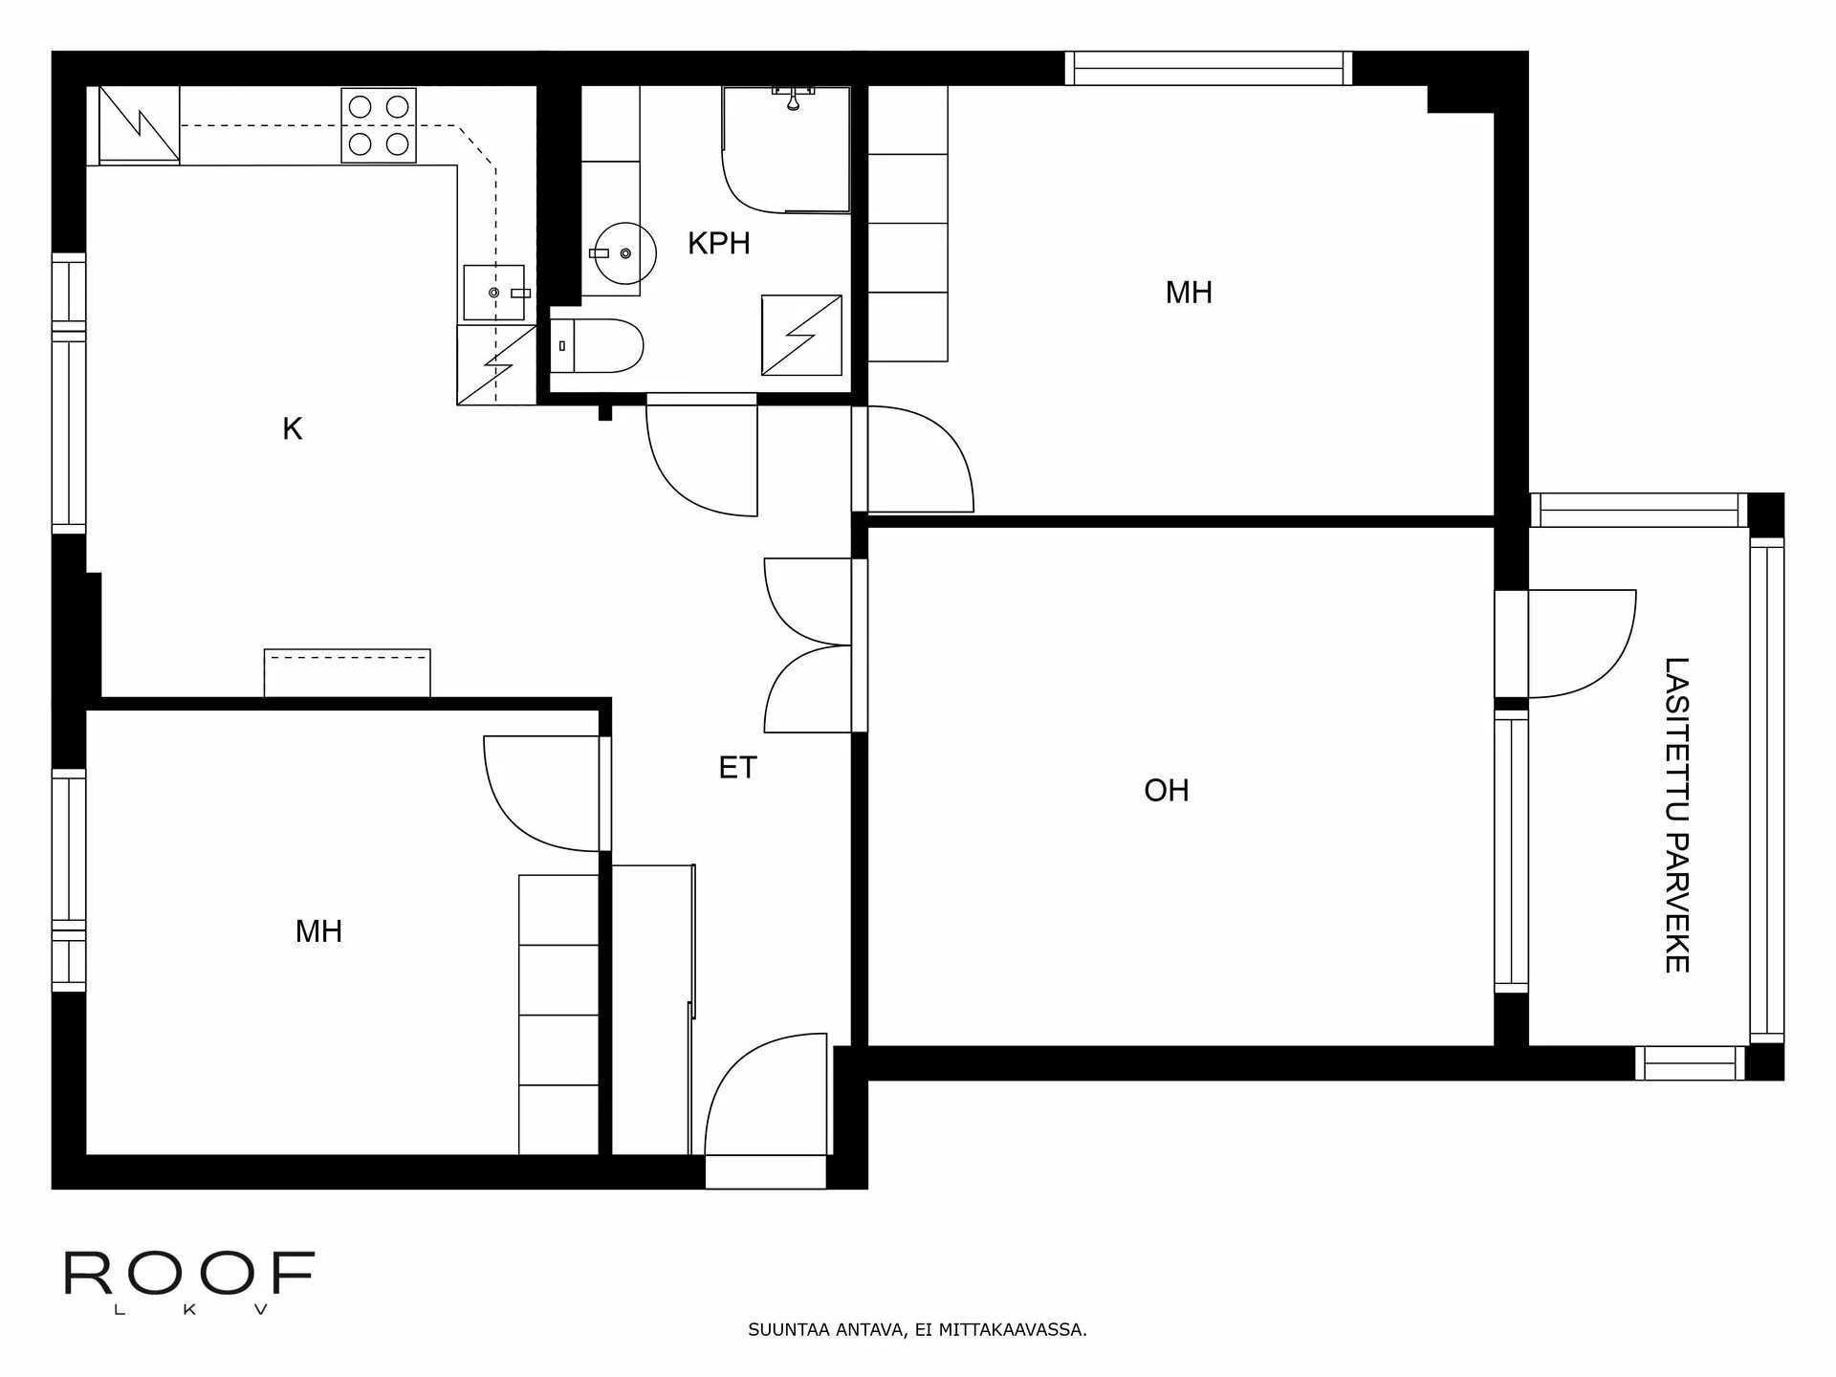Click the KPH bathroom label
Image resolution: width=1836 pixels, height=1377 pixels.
[718, 243]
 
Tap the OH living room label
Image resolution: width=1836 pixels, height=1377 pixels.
[1166, 790]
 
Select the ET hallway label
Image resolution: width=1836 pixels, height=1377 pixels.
[737, 767]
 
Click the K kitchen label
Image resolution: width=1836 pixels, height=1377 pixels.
[292, 428]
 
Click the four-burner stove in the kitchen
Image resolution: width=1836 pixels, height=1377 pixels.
[379, 125]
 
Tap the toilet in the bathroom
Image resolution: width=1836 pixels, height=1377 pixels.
[597, 345]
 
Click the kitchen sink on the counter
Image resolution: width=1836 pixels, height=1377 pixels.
[493, 292]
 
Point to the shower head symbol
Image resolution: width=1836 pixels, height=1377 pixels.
[793, 98]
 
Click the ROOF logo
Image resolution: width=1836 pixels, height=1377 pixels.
[188, 1274]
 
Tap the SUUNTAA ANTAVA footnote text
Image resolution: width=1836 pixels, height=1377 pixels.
[917, 1329]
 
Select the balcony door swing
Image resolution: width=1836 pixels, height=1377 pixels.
[1578, 643]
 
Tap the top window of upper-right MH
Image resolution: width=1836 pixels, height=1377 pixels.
[1209, 69]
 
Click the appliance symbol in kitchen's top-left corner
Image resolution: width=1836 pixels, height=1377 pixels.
[140, 124]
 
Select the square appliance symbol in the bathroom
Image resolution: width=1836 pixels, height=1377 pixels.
[801, 335]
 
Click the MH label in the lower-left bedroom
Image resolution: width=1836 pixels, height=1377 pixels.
[318, 930]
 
